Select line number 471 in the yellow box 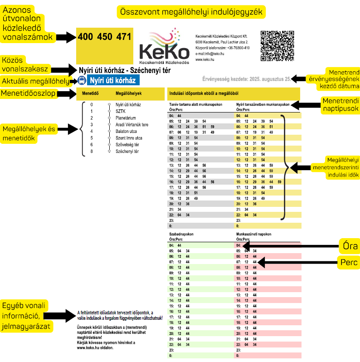pyautogui.click(x=124, y=37)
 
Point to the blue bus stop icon pyautogui.click(x=82, y=81)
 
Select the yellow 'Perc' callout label pyautogui.click(x=349, y=262)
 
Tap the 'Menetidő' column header pyautogui.click(x=91, y=94)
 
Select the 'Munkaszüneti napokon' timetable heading pyautogui.click(x=254, y=234)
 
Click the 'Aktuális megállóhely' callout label pyautogui.click(x=35, y=81)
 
